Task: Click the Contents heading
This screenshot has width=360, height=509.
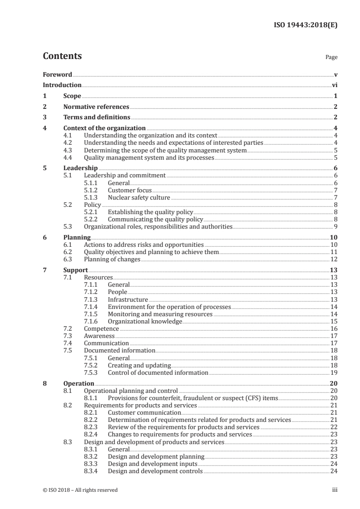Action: tap(62, 56)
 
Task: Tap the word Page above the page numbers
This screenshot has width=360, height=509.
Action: tap(331, 58)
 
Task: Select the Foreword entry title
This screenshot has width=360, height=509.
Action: tap(57, 74)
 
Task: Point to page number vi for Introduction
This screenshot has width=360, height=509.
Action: tap(334, 85)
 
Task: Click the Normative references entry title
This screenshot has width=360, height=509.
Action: tap(96, 107)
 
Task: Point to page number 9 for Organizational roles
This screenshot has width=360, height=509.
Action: tap(335, 226)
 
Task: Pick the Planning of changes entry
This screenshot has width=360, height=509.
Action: tap(112, 259)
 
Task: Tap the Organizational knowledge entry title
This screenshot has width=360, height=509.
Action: tap(145, 321)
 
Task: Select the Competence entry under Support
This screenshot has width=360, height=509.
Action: tap(101, 328)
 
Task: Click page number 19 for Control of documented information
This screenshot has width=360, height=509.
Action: tap(334, 373)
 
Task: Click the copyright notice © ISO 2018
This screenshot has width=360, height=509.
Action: tap(80, 490)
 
